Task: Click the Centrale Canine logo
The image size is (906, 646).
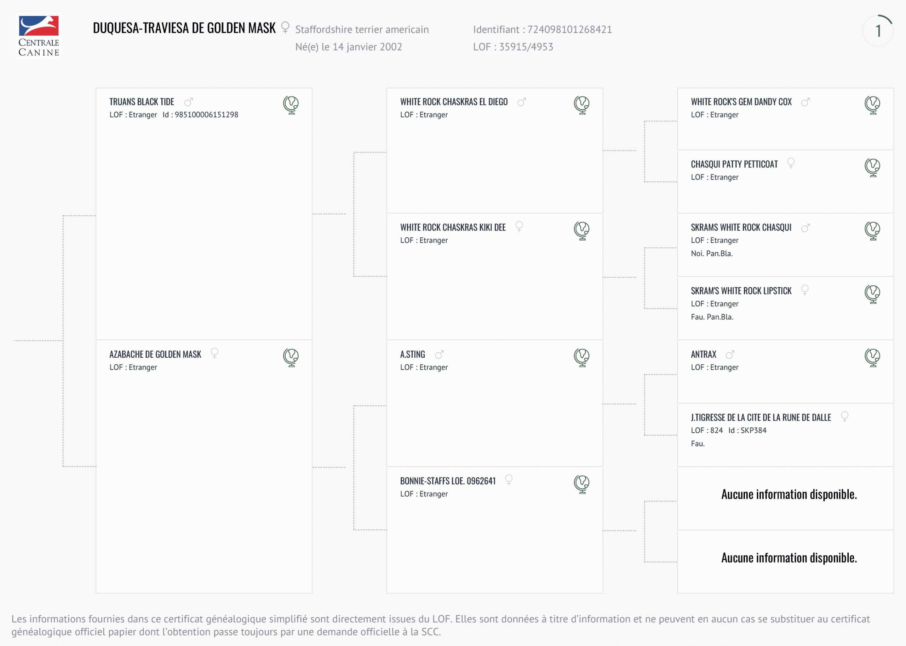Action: tap(39, 36)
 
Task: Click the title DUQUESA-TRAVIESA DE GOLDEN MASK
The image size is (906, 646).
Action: tap(184, 28)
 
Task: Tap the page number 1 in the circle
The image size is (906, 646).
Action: tap(878, 31)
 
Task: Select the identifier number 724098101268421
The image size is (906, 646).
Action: tap(569, 29)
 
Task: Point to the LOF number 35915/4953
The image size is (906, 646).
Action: tap(526, 47)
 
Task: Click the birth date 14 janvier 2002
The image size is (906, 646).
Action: tap(367, 47)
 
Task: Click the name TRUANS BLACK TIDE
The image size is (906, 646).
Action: tap(142, 102)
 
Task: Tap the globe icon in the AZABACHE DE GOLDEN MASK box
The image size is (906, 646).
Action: tap(291, 357)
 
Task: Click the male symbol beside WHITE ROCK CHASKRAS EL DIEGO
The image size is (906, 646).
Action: tap(522, 102)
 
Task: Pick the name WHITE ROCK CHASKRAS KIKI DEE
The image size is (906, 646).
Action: tap(453, 227)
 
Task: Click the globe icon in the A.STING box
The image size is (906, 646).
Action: tap(582, 357)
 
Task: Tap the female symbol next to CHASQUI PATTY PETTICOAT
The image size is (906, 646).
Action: tap(791, 163)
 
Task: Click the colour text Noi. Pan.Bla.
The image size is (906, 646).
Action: tap(711, 254)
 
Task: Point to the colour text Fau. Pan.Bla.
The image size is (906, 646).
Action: tap(712, 317)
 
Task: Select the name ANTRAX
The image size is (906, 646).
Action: tap(704, 354)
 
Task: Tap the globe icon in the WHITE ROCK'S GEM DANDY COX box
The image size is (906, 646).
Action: tap(872, 105)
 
